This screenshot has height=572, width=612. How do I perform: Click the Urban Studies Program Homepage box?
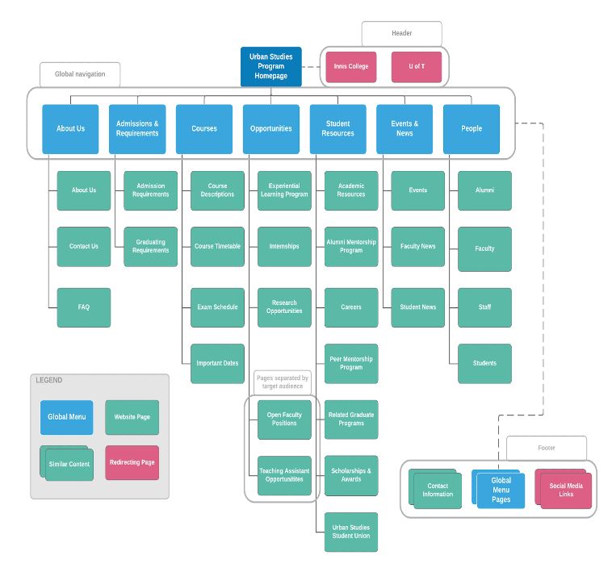pyautogui.click(x=270, y=66)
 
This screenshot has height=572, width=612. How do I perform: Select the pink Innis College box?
pyautogui.click(x=351, y=67)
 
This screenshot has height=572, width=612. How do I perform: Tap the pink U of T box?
pyautogui.click(x=417, y=67)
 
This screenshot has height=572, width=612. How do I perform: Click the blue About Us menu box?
pyautogui.click(x=70, y=129)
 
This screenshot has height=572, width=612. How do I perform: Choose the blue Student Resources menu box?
pyautogui.click(x=337, y=129)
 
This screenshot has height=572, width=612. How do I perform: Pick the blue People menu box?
pyautogui.click(x=472, y=129)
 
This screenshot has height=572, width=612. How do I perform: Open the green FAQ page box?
pyautogui.click(x=84, y=307)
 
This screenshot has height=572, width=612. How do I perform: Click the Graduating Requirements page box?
pyautogui.click(x=151, y=247)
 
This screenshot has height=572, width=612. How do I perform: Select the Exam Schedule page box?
pyautogui.click(x=217, y=307)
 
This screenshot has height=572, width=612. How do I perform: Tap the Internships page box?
pyautogui.click(x=284, y=247)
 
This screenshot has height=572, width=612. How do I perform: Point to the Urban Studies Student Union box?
pyautogui.click(x=351, y=532)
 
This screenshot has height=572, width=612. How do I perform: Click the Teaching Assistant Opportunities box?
pyautogui.click(x=284, y=475)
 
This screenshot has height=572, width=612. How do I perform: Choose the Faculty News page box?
pyautogui.click(x=418, y=247)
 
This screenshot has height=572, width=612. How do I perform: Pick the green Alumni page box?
pyautogui.click(x=484, y=190)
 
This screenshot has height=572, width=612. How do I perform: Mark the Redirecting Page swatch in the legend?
pyautogui.click(x=132, y=463)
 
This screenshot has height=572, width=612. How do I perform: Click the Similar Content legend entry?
pyautogui.click(x=68, y=465)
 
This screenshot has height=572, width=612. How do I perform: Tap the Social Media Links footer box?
pyautogui.click(x=565, y=491)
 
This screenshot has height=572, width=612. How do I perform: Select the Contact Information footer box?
pyautogui.click(x=437, y=491)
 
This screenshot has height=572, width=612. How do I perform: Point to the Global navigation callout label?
pyautogui.click(x=80, y=74)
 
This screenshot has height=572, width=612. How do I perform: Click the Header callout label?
pyautogui.click(x=401, y=33)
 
